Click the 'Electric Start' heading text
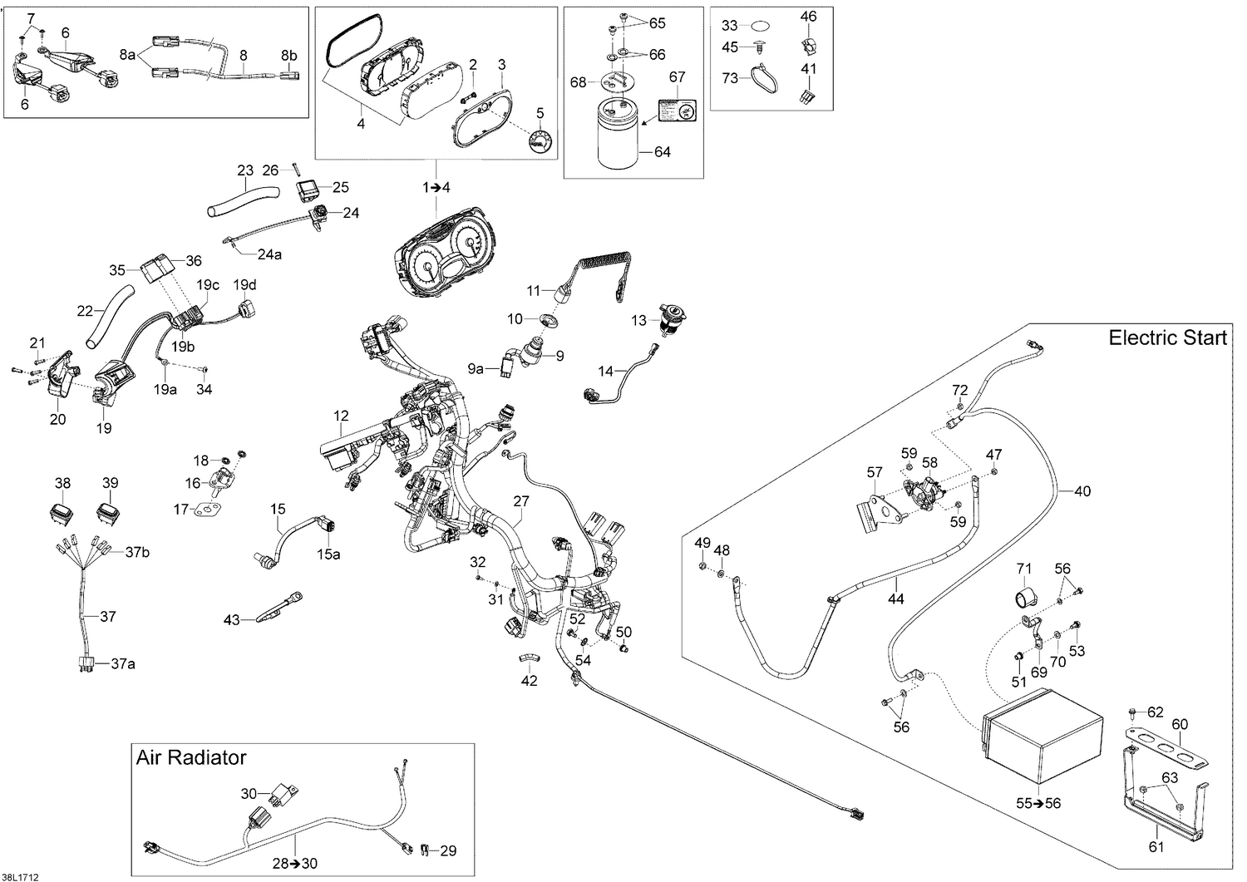point(1168,338)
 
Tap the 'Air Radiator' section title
point(191,757)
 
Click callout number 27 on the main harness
point(521,501)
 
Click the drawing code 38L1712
point(21,876)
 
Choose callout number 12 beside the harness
point(341,416)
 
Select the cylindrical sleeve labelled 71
point(1025,598)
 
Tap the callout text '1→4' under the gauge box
point(436,188)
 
